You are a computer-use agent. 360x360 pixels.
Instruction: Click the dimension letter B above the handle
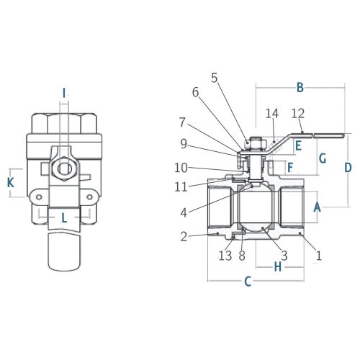(x=300, y=88)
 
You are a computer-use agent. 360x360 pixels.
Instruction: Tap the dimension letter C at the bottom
(x=248, y=282)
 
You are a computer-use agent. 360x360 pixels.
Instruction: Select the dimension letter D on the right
(x=348, y=168)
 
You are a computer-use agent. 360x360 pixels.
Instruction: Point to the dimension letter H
(x=278, y=266)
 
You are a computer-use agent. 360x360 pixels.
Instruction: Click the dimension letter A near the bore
(x=317, y=207)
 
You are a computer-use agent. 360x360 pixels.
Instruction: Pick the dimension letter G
(x=323, y=158)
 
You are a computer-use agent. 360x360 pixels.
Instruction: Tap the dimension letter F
(x=290, y=168)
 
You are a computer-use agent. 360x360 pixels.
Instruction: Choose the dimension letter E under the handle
(x=298, y=145)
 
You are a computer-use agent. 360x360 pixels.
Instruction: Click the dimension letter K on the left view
(x=11, y=183)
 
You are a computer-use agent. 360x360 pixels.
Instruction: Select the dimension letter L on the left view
(x=64, y=218)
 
